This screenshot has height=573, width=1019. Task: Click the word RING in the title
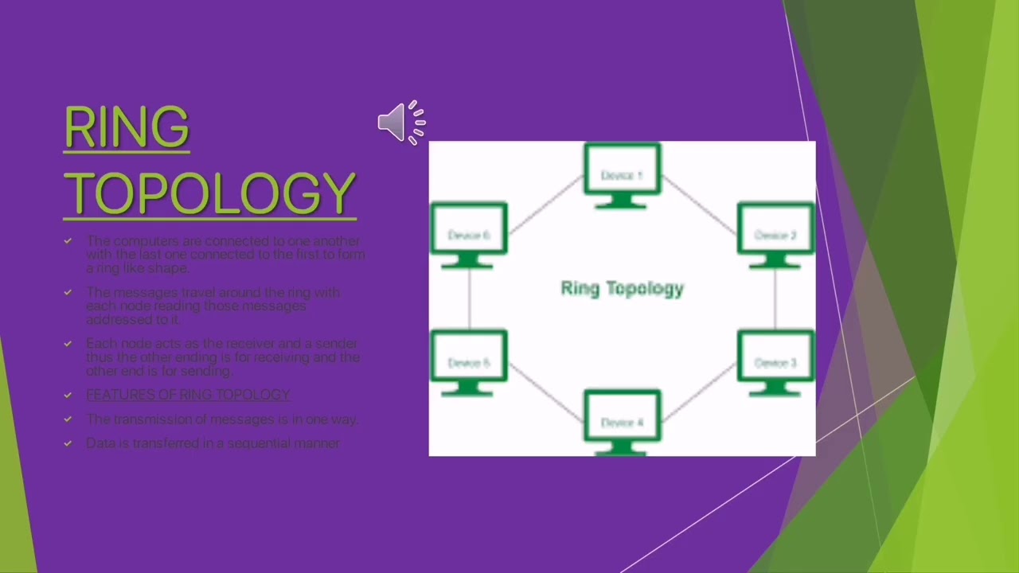(127, 127)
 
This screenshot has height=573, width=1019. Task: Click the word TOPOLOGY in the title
(210, 193)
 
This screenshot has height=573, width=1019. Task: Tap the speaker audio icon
(400, 123)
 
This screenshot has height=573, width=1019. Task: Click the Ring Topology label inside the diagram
(622, 288)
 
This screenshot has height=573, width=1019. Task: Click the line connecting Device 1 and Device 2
(699, 205)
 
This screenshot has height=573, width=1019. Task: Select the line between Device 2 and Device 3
(775, 298)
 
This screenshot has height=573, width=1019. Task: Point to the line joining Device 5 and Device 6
(469, 298)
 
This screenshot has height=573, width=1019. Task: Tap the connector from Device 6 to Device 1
(545, 205)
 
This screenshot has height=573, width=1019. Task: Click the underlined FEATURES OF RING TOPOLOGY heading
(188, 395)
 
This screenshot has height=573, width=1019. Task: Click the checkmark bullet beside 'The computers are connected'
(68, 240)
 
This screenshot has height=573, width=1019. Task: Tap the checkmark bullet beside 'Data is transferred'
(68, 443)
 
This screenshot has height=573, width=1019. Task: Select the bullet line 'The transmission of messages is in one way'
(222, 419)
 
